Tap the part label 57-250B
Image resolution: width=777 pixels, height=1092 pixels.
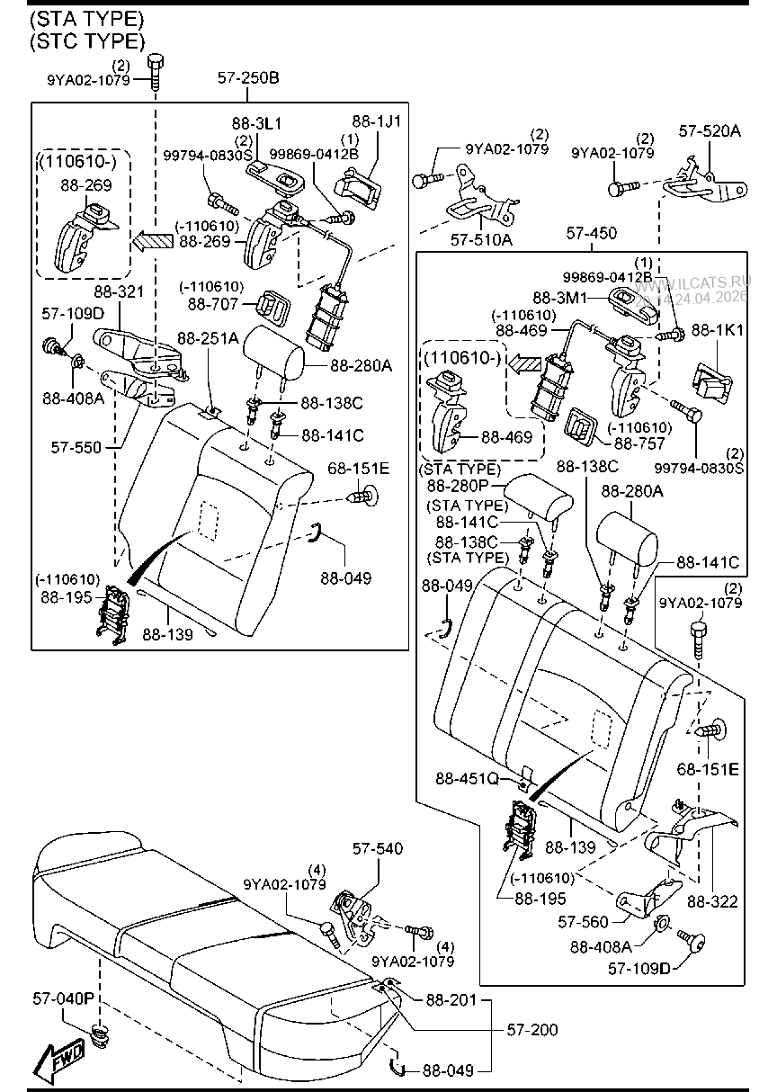pyautogui.click(x=248, y=78)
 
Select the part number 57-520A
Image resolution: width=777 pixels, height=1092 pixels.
pyautogui.click(x=710, y=131)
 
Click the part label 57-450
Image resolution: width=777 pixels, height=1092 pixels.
pyautogui.click(x=592, y=234)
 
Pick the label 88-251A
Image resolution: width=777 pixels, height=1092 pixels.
pyautogui.click(x=208, y=338)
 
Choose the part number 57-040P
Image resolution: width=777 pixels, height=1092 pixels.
pyautogui.click(x=64, y=998)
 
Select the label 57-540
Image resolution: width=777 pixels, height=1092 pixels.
pyautogui.click(x=377, y=848)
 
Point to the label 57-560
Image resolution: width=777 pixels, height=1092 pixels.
pyautogui.click(x=583, y=921)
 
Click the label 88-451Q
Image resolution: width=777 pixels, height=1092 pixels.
pyautogui.click(x=467, y=778)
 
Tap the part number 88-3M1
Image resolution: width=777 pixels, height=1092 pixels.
pyautogui.click(x=559, y=296)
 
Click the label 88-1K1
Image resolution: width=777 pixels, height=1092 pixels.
pyautogui.click(x=723, y=330)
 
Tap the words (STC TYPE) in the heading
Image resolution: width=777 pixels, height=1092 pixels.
pyautogui.click(x=86, y=40)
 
